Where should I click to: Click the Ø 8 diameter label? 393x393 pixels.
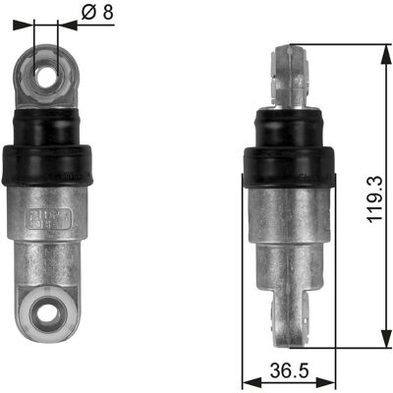[x=97, y=13]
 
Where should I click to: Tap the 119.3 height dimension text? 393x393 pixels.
[x=374, y=199]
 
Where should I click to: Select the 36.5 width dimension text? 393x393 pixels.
[x=290, y=370]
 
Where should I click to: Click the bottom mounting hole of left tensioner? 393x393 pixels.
[x=46, y=313]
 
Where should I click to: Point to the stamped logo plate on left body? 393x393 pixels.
[x=48, y=218]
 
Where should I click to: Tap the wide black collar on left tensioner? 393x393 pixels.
[x=47, y=165]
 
